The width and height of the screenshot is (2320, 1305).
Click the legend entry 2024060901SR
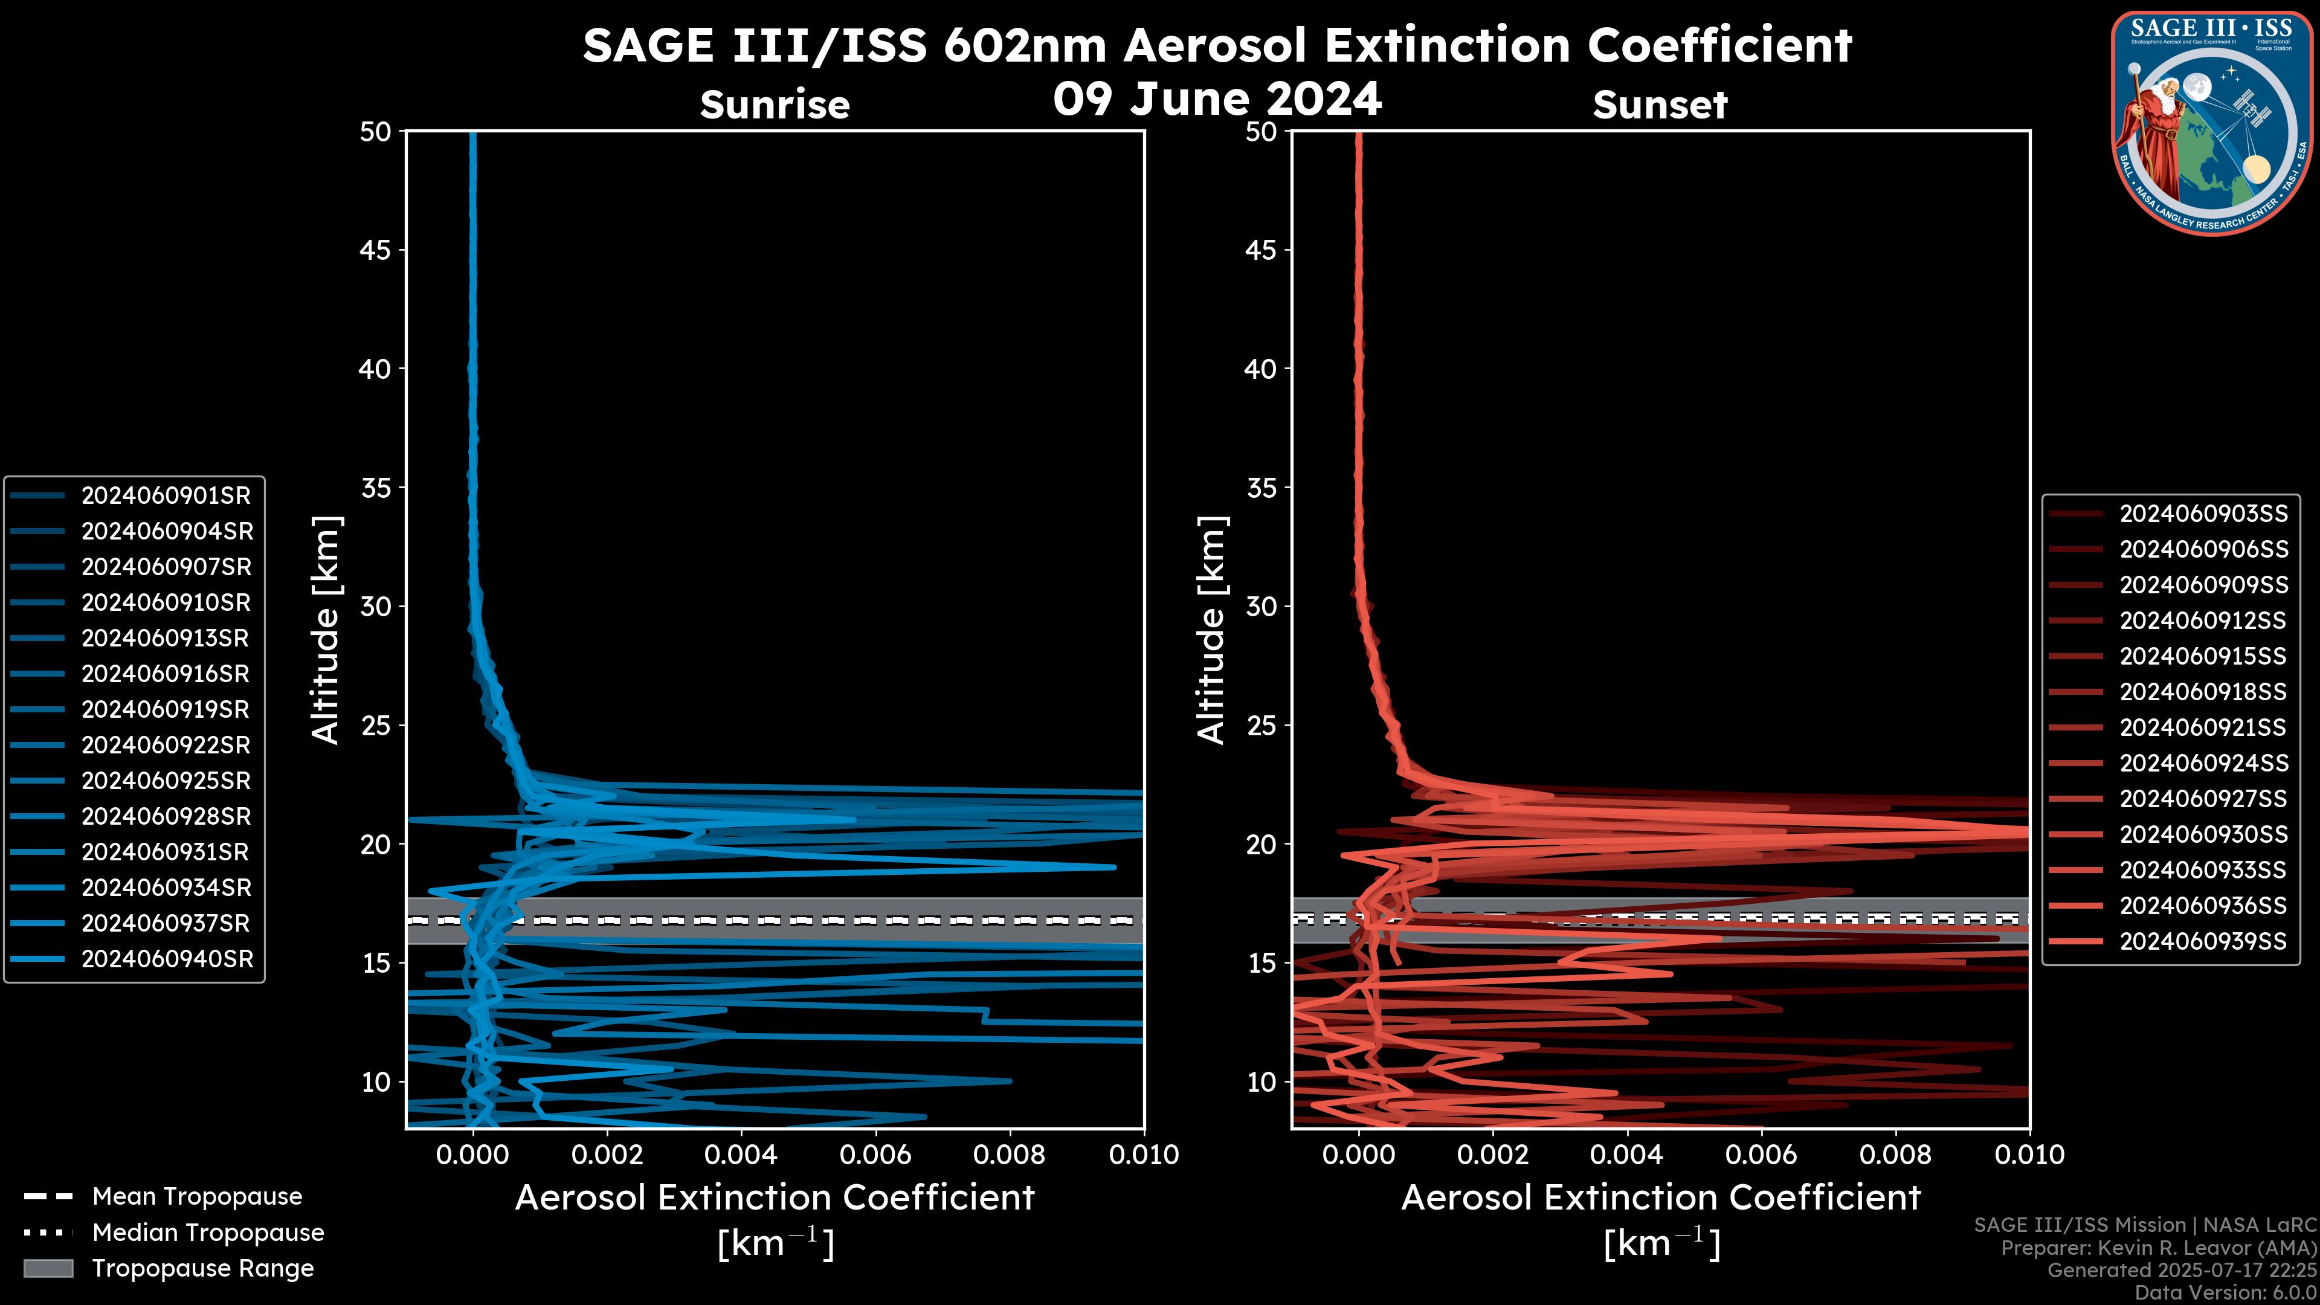click(166, 495)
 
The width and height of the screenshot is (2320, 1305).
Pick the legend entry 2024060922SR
click(166, 745)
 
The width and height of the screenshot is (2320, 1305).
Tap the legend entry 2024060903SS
click(2203, 514)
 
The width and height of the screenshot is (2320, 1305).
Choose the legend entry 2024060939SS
click(2203, 941)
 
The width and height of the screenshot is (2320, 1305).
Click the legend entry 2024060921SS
click(2203, 727)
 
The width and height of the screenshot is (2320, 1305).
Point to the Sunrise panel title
click(775, 105)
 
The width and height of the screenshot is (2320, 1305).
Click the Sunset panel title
click(1660, 105)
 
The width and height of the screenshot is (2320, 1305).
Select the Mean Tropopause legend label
click(197, 1196)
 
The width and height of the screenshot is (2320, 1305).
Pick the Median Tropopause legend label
click(208, 1232)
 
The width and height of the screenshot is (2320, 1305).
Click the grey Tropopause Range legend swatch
click(48, 1268)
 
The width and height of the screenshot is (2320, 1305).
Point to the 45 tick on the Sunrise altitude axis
click(376, 250)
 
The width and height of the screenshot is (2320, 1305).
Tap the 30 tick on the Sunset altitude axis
click(1261, 606)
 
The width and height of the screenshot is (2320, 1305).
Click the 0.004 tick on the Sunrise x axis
click(740, 1155)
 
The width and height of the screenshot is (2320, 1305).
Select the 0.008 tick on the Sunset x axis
click(1896, 1155)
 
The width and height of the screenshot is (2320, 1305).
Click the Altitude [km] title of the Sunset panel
click(1211, 630)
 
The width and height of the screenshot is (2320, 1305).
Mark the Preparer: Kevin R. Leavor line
click(2158, 1248)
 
